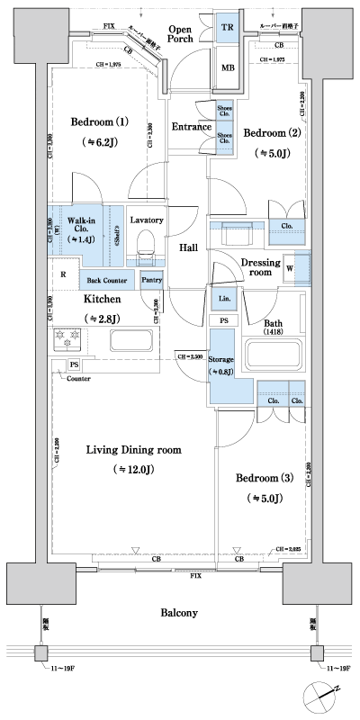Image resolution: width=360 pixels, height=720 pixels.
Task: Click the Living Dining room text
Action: tap(134, 450)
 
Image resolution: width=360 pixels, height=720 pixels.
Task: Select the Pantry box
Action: tap(151, 280)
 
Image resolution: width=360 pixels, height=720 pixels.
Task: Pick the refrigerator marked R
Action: tap(63, 274)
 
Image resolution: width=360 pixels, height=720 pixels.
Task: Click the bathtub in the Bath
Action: tap(275, 356)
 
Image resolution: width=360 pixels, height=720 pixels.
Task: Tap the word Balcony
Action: tap(180, 613)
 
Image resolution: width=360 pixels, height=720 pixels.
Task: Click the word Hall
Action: tap(188, 247)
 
